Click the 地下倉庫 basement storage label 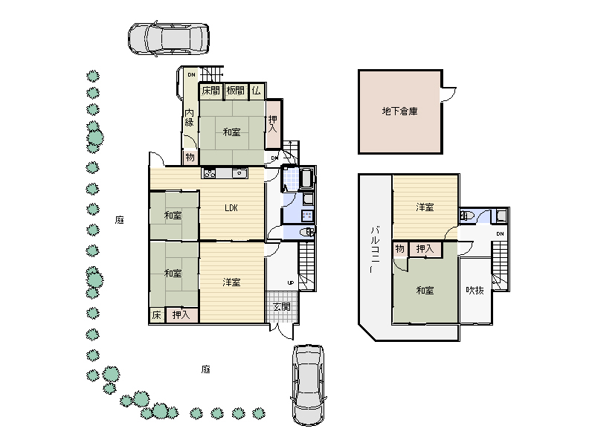[x=399, y=111]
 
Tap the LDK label [x=231, y=208]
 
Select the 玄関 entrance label [x=282, y=306]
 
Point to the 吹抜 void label [x=475, y=291]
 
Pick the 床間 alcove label [x=210, y=91]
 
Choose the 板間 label [x=235, y=91]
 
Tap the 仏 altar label [x=257, y=91]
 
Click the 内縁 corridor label [x=190, y=117]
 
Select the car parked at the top [x=169, y=39]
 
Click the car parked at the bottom [x=308, y=385]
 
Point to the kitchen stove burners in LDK [x=210, y=173]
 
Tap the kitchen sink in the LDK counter [x=239, y=173]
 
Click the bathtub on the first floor [x=306, y=178]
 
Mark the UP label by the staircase [x=291, y=282]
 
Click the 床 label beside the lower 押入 [x=157, y=315]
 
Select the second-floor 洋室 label [x=425, y=207]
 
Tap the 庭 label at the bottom [x=206, y=369]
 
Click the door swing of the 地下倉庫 [x=449, y=95]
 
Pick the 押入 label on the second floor [x=425, y=249]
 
